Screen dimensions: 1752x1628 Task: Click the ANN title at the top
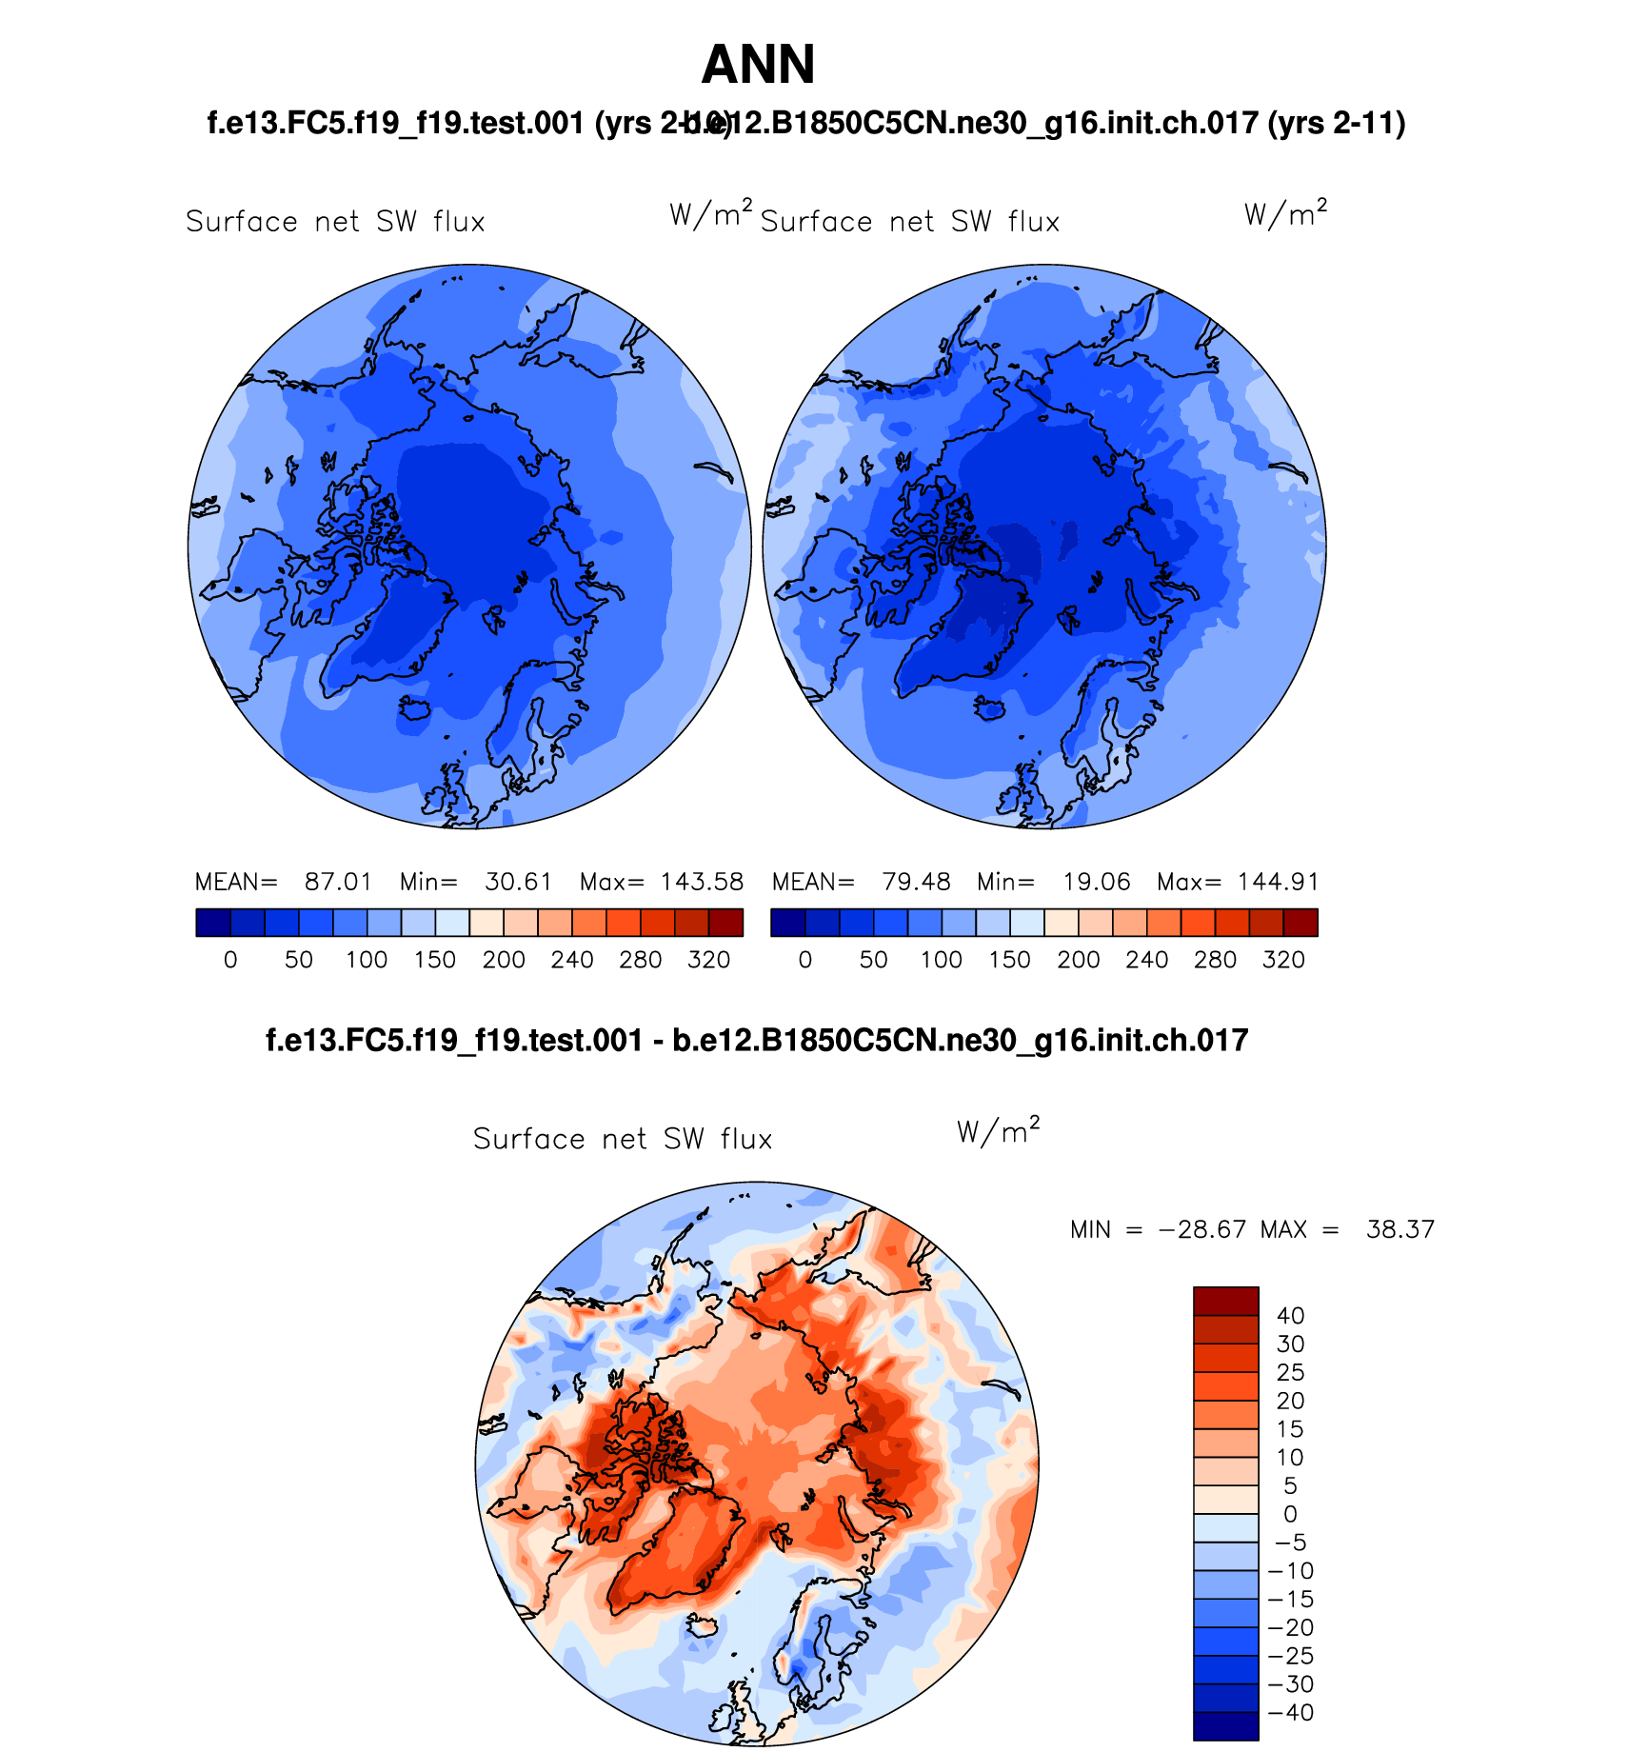[758, 65]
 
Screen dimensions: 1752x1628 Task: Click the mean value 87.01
[338, 882]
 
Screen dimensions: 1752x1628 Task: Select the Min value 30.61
[518, 882]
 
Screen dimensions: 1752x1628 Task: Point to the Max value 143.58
[702, 882]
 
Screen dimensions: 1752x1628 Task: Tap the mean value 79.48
[916, 882]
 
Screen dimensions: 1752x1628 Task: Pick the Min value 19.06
[1096, 882]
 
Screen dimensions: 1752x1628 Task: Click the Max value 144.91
[1279, 882]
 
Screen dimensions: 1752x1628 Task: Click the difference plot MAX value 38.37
[1400, 1229]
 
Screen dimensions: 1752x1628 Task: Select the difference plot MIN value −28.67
[1201, 1229]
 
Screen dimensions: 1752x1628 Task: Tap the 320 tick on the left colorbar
[708, 960]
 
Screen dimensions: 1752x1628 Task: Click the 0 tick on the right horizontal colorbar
[805, 960]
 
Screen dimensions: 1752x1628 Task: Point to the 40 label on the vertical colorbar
[1290, 1316]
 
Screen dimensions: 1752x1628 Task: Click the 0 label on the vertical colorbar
[1290, 1514]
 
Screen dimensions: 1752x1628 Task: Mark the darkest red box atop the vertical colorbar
[1225, 1301]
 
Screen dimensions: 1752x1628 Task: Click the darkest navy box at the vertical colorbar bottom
[1225, 1726]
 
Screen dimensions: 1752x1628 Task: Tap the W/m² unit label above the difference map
[998, 1130]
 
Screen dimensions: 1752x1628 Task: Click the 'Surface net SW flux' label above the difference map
[623, 1139]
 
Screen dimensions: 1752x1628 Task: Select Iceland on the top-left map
[415, 708]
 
